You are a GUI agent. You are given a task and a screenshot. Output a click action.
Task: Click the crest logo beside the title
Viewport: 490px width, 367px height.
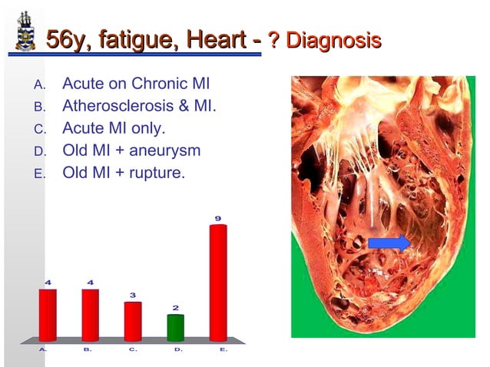pyautogui.click(x=25, y=32)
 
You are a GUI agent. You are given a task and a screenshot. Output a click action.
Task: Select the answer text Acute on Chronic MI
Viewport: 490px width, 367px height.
pyautogui.click(x=136, y=84)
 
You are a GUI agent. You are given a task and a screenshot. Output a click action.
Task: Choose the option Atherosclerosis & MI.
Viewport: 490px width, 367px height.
pyautogui.click(x=139, y=105)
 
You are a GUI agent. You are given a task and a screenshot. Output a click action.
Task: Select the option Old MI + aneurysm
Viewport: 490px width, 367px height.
pyautogui.click(x=131, y=150)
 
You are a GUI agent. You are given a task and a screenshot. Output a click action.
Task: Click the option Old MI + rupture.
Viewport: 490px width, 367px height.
pyautogui.click(x=123, y=172)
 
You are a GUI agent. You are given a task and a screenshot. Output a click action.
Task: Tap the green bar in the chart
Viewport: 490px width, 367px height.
pyautogui.click(x=175, y=328)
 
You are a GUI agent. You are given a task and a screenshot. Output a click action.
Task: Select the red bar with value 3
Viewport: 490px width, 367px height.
pyautogui.click(x=133, y=322)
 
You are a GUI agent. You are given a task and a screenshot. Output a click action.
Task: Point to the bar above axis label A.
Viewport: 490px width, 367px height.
pyautogui.click(x=48, y=315)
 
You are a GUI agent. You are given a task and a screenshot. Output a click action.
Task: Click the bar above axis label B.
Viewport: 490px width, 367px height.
pyautogui.click(x=90, y=315)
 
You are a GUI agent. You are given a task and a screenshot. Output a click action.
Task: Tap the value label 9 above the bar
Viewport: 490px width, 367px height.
pyautogui.click(x=218, y=219)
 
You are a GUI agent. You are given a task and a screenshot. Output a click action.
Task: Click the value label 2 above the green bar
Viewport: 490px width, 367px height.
pyautogui.click(x=175, y=308)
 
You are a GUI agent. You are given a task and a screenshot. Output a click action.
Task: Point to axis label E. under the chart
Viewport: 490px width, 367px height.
pyautogui.click(x=223, y=349)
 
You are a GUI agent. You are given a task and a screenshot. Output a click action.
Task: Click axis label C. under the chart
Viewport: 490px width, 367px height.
pyautogui.click(x=133, y=349)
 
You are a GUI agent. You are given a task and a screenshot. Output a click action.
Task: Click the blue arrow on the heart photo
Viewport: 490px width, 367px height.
pyautogui.click(x=389, y=243)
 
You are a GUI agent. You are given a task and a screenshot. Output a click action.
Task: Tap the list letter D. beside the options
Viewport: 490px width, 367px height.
pyautogui.click(x=40, y=150)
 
